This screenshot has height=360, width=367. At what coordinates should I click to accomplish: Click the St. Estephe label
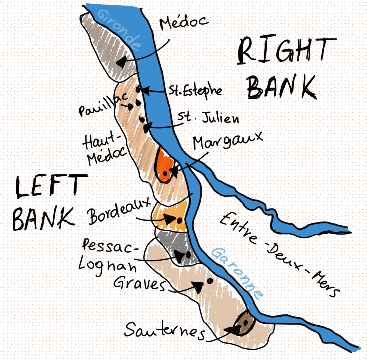(x=195, y=91)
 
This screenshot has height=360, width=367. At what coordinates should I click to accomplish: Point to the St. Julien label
(x=208, y=118)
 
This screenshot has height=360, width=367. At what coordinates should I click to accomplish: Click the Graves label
(x=139, y=283)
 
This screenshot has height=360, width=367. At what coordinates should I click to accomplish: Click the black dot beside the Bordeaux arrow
(x=179, y=221)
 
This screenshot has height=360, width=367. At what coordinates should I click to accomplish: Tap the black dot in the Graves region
(x=210, y=281)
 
